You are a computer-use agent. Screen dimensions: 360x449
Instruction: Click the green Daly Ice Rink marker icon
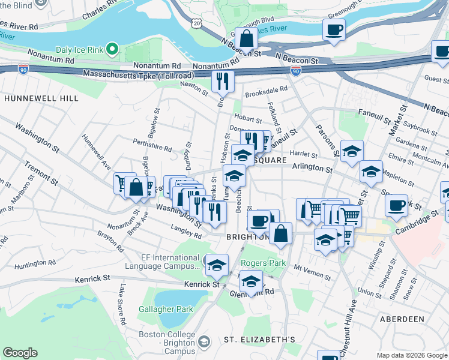pyautogui.click(x=112, y=48)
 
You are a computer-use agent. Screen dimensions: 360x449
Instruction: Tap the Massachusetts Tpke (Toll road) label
pyautogui.click(x=140, y=75)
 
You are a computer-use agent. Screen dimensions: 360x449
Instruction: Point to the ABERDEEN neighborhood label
pyautogui.click(x=402, y=319)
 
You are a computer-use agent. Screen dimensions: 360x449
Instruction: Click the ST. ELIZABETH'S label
pyautogui.click(x=259, y=340)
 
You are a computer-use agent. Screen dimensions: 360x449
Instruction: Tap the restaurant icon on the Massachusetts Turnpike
pyautogui.click(x=223, y=81)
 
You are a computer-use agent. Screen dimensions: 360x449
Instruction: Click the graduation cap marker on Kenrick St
pyautogui.click(x=217, y=264)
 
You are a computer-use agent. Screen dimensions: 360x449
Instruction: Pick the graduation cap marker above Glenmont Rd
pyautogui.click(x=251, y=280)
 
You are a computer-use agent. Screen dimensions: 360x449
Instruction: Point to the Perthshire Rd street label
pyautogui.click(x=152, y=145)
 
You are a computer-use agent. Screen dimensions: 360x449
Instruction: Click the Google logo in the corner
pyautogui.click(x=20, y=353)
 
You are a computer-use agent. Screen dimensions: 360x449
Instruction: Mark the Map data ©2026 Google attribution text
pyautogui.click(x=411, y=355)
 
